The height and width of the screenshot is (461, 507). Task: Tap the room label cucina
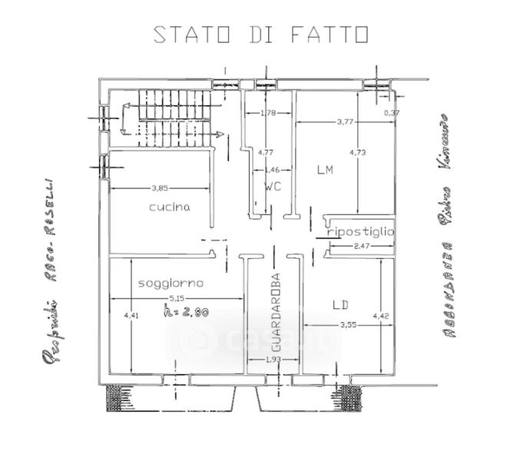coord(170,207)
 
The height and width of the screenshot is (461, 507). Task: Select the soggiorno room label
coord(170,284)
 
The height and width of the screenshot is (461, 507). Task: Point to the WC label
coord(273,187)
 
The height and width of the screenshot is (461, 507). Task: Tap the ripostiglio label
coord(360,231)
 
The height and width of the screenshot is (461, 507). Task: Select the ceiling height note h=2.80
coord(187,311)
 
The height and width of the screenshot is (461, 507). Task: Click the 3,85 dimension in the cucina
coord(160,186)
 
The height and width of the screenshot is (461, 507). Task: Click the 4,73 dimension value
coord(358,152)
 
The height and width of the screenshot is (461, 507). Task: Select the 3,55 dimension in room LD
coord(348,323)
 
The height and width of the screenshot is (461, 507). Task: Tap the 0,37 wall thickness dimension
coord(392,114)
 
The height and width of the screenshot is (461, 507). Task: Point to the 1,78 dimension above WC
coord(267,114)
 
